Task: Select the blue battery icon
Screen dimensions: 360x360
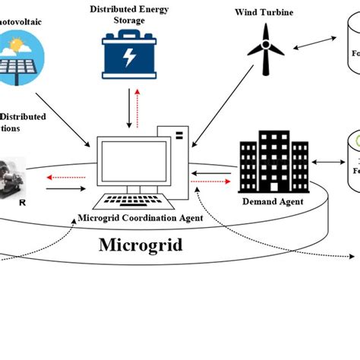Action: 130,58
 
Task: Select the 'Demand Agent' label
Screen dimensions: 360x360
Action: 272,202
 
